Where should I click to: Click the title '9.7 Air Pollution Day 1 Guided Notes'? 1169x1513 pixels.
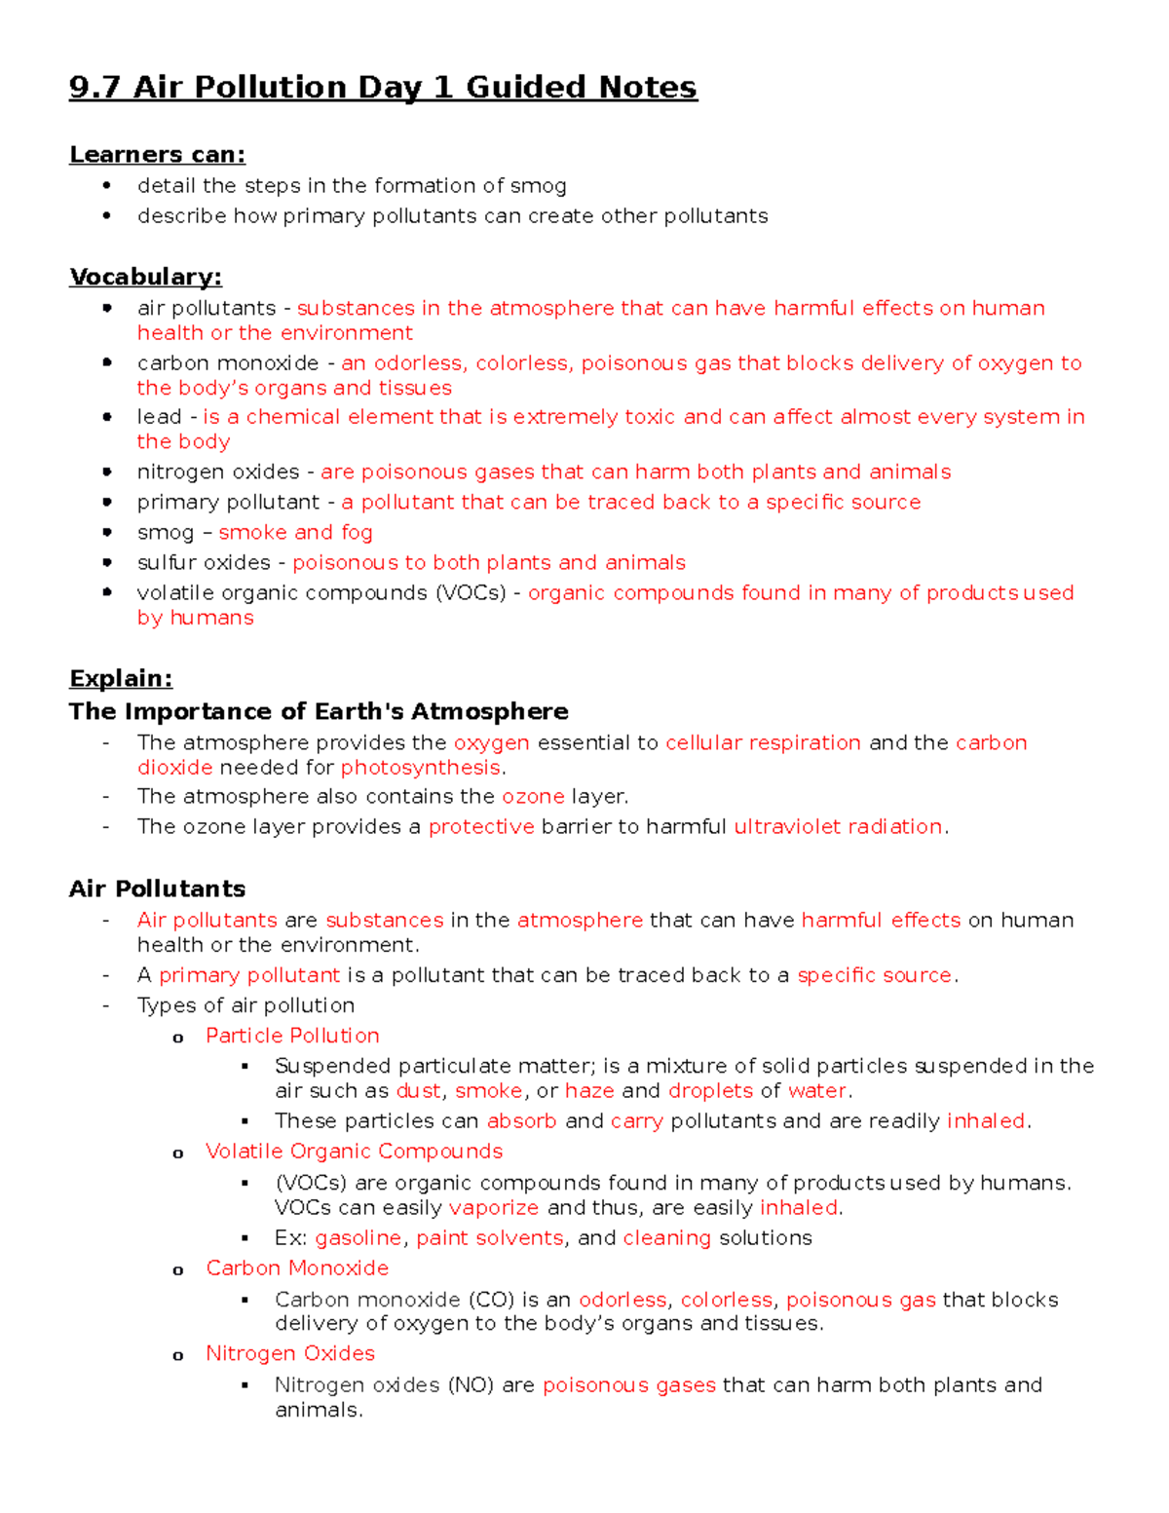(x=383, y=88)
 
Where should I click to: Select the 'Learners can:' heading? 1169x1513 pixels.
(x=157, y=155)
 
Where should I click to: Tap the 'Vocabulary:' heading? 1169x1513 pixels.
(x=145, y=278)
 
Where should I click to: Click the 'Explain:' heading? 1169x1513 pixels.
(x=121, y=679)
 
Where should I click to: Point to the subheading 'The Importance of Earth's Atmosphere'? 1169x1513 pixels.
(x=319, y=712)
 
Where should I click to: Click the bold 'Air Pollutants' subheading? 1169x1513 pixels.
(x=157, y=889)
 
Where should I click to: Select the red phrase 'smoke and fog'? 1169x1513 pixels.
(x=295, y=533)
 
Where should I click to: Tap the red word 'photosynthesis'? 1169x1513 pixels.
(x=420, y=768)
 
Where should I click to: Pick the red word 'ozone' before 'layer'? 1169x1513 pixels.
(x=533, y=797)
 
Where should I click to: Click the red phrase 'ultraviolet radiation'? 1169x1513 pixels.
(x=838, y=827)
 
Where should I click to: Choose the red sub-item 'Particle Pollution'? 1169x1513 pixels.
(x=292, y=1036)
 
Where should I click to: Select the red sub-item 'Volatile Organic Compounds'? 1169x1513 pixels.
(x=354, y=1152)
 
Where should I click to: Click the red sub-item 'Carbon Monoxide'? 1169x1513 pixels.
(x=297, y=1268)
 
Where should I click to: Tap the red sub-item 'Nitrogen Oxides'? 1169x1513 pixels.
(x=290, y=1354)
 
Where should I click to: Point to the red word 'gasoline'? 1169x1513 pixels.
(x=358, y=1238)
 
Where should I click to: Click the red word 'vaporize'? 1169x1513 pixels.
(x=493, y=1208)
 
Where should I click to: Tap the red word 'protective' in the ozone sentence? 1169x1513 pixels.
(x=481, y=827)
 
